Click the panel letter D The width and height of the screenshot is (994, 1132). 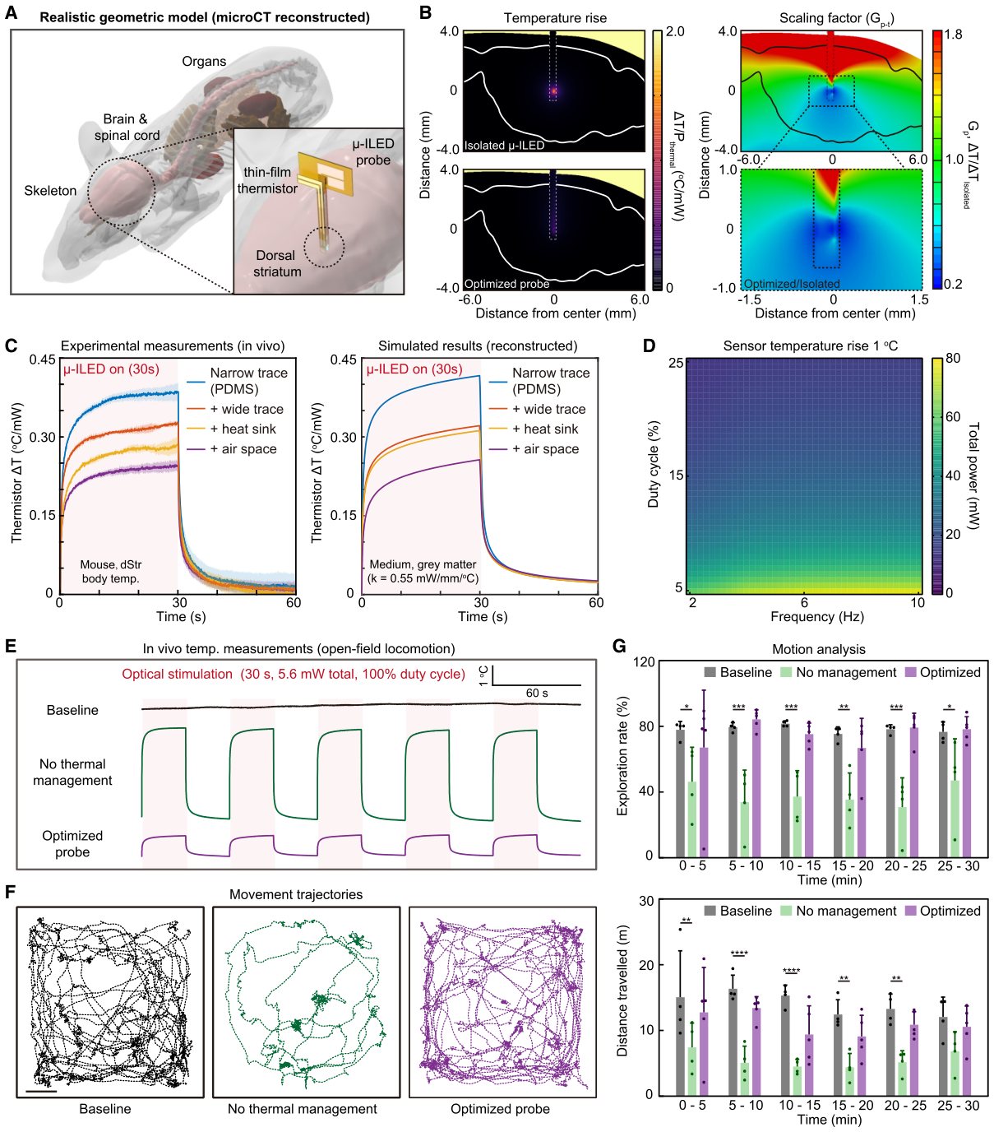pyautogui.click(x=649, y=346)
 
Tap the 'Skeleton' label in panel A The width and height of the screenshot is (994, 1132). pyautogui.click(x=50, y=191)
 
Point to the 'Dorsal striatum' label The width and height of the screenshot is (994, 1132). pyautogui.click(x=277, y=263)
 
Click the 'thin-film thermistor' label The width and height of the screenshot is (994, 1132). pyautogui.click(x=267, y=180)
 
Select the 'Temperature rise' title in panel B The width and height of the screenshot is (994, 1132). pyautogui.click(x=555, y=18)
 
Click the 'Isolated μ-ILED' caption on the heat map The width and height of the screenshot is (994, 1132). pyautogui.click(x=504, y=146)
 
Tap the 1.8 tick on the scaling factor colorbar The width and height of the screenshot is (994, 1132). pyautogui.click(x=953, y=35)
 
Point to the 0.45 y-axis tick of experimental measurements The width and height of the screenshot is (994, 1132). pyautogui.click(x=43, y=360)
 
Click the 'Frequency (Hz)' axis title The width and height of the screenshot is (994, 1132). pyautogui.click(x=817, y=616)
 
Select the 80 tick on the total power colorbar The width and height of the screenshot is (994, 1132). pyautogui.click(x=953, y=358)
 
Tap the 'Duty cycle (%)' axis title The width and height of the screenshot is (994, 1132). pyautogui.click(x=654, y=464)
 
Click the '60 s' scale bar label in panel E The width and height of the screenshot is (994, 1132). pyautogui.click(x=537, y=693)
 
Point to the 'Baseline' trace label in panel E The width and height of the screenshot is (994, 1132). pyautogui.click(x=72, y=710)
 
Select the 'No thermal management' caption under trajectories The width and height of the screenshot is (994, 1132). pyautogui.click(x=302, y=1108)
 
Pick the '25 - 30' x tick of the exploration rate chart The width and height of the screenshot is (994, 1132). pyautogui.click(x=959, y=866)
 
